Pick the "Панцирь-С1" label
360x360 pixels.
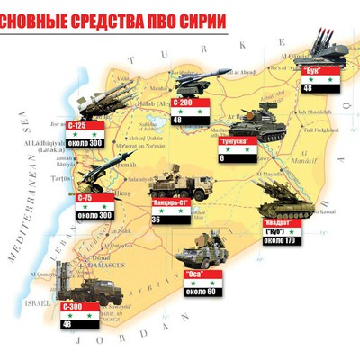[169, 202]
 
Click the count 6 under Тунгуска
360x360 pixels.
[222, 158]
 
